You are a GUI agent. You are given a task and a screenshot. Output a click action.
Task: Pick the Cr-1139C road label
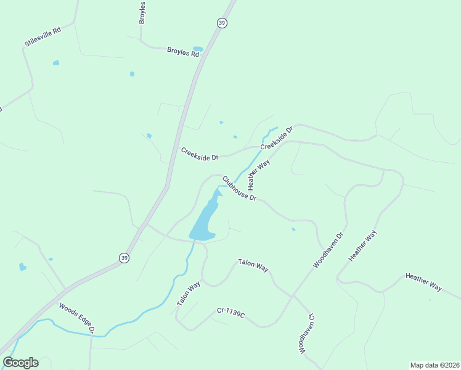[231, 313]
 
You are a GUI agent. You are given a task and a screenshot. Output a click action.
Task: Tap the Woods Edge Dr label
[76, 318]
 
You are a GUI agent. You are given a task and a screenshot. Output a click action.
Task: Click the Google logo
[20, 363]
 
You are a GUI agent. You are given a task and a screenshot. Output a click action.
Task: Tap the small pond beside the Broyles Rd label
[198, 49]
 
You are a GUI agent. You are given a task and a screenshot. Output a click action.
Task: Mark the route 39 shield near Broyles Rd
[222, 23]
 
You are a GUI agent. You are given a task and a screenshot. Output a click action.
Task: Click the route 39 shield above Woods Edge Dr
[124, 258]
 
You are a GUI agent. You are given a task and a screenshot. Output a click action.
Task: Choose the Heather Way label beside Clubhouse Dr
[258, 175]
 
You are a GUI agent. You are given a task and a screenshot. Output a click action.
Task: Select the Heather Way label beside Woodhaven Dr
[362, 246]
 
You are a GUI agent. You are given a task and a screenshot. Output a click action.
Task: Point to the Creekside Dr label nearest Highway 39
[200, 154]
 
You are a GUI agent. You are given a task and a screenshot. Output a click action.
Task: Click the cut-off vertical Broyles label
[142, 12]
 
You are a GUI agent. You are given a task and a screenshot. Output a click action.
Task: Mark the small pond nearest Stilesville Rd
[56, 63]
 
